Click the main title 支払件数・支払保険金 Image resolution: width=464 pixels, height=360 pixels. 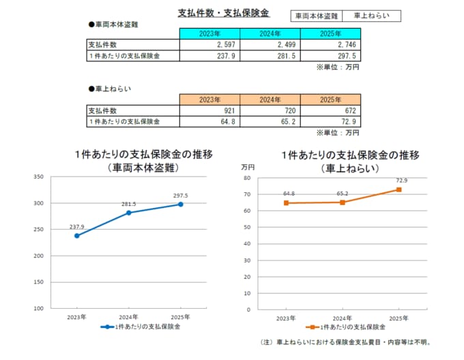point(222,13)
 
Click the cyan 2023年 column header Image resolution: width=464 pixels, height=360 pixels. point(209,33)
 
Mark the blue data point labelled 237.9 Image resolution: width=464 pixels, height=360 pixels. point(76,236)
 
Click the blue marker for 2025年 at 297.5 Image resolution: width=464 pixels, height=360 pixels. point(181,204)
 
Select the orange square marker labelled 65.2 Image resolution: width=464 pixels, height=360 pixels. point(343,202)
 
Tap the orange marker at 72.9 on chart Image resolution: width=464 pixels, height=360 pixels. point(399,190)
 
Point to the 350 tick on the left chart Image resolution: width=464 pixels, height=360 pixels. point(38,177)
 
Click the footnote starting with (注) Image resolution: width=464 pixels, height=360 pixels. point(346,342)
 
